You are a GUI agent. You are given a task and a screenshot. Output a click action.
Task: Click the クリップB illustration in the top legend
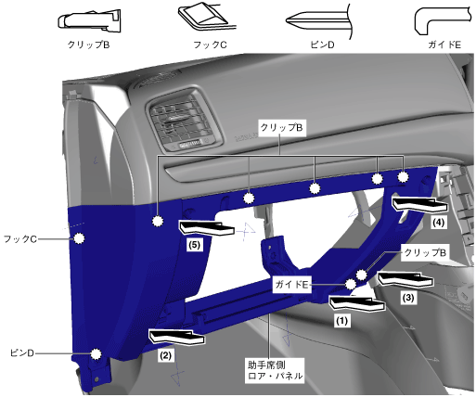89,21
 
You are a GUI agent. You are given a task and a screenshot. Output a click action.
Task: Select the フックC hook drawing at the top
203,18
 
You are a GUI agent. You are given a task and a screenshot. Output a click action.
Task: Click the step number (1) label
341,321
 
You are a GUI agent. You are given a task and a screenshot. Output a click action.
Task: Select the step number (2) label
165,355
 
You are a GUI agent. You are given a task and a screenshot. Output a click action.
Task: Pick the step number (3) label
408,298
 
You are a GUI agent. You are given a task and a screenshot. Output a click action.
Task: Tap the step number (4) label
439,223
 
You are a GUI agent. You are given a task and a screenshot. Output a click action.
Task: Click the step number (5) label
195,245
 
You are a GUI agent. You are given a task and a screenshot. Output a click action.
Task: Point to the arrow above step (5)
206,228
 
